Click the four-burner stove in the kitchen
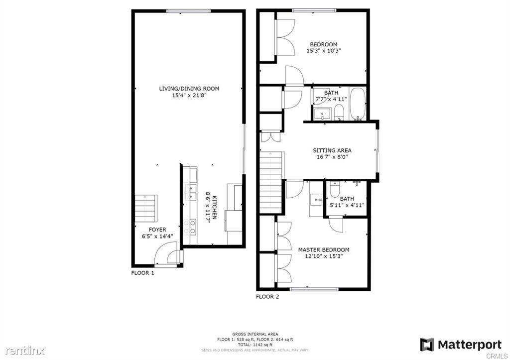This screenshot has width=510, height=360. [190, 227]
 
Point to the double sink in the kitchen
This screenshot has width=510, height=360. [190, 191]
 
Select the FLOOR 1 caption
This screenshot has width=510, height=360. [142, 273]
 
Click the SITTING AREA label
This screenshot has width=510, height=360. [332, 150]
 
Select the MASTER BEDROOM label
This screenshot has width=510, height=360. [323, 249]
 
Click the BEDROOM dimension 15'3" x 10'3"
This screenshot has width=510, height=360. [323, 51]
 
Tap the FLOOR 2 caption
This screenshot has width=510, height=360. [267, 297]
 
